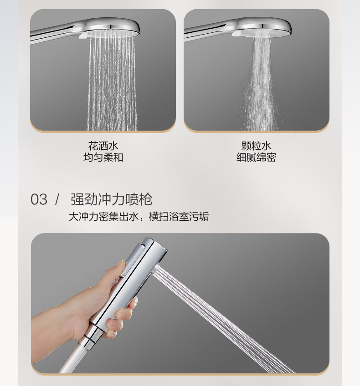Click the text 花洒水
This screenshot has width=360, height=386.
103,146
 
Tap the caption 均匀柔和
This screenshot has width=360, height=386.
103,157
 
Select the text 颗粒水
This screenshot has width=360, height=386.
256,146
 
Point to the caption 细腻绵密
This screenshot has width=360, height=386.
256,157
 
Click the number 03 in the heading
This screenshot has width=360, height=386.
39,199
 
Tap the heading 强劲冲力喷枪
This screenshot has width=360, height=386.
111,199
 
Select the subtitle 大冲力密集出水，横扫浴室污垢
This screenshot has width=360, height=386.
139,217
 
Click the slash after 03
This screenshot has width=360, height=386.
57,199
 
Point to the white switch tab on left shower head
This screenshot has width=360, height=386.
82,36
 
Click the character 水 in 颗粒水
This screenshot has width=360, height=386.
267,146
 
